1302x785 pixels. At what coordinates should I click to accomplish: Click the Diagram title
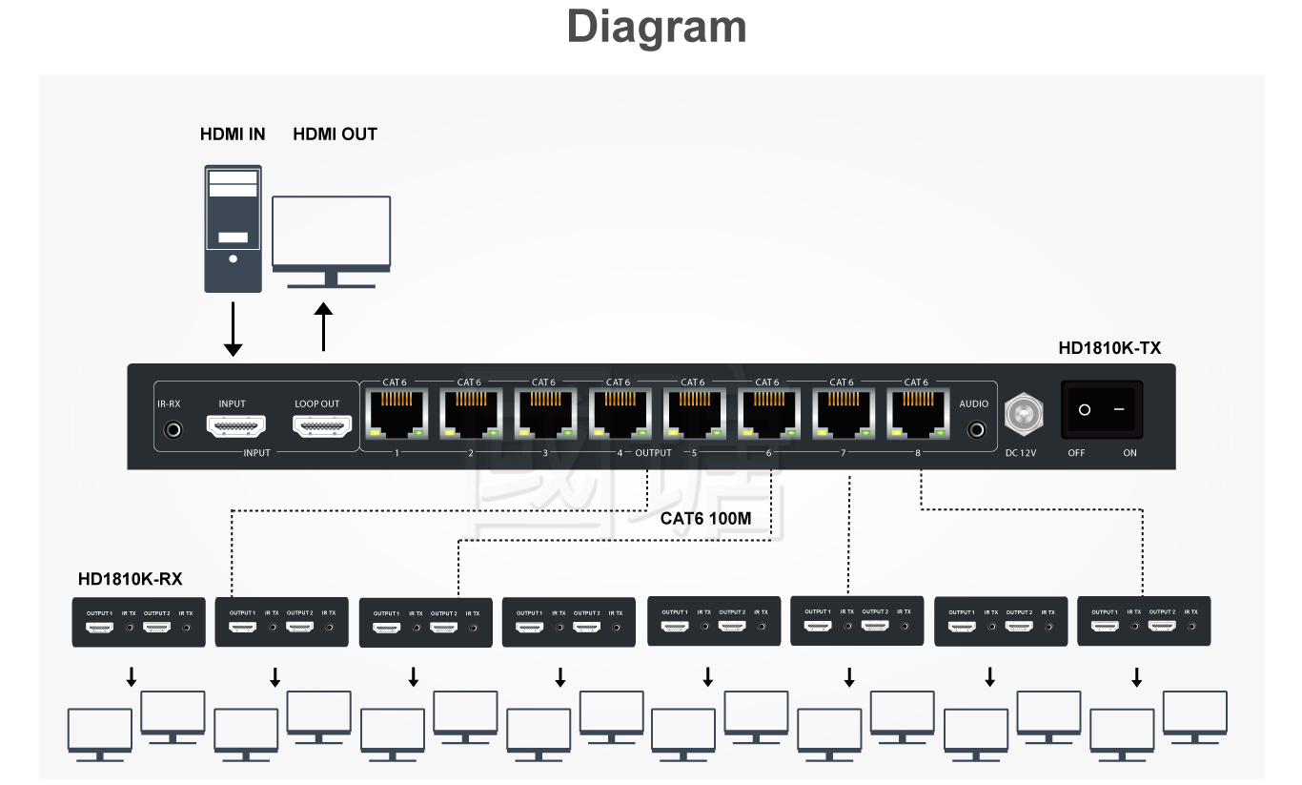tap(657, 27)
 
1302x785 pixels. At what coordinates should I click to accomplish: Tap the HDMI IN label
tap(233, 134)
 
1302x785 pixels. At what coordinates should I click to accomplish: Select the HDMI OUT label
tap(335, 134)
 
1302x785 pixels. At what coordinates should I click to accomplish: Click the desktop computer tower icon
tap(233, 229)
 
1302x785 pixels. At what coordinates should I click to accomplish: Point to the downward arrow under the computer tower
tap(233, 329)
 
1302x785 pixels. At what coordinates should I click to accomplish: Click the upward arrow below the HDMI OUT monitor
tap(324, 327)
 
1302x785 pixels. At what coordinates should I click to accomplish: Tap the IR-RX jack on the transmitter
tap(173, 430)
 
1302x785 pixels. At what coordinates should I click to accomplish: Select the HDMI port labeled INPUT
tap(232, 426)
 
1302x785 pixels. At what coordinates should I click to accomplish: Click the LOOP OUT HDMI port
tap(316, 426)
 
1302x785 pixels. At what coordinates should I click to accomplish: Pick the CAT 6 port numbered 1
tap(395, 413)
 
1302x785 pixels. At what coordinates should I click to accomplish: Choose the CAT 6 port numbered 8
tap(916, 413)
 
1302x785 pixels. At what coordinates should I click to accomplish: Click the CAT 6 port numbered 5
tap(693, 413)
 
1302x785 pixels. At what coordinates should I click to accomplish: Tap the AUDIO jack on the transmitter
tap(975, 430)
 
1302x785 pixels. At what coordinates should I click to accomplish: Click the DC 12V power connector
tap(1023, 414)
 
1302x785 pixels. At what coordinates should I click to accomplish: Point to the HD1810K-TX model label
tap(1109, 348)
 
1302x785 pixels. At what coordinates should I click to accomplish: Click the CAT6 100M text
tap(706, 519)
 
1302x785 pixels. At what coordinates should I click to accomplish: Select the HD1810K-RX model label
tap(131, 579)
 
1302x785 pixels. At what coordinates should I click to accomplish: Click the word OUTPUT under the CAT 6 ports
tap(653, 453)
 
